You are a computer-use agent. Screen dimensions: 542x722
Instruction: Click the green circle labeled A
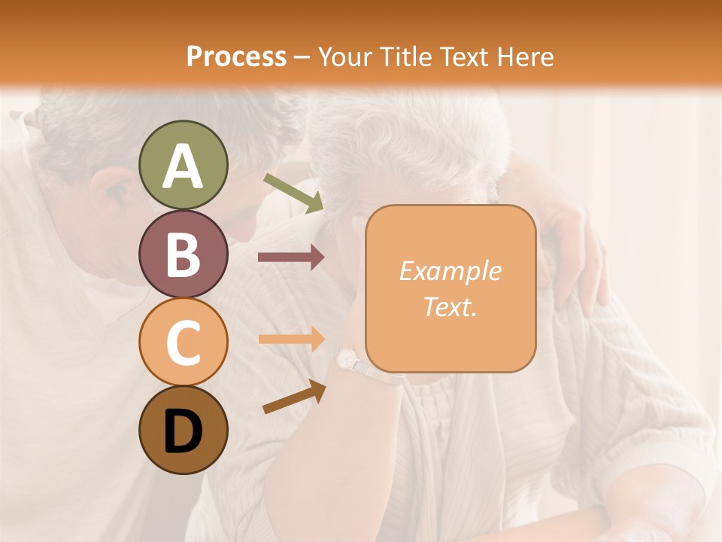tap(183, 165)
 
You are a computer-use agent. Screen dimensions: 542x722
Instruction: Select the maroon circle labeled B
tap(183, 254)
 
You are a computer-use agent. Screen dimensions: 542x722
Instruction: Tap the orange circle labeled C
tap(183, 342)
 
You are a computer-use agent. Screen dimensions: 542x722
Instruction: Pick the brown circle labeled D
tap(183, 430)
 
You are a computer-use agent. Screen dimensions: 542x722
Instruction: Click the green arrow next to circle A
tap(293, 192)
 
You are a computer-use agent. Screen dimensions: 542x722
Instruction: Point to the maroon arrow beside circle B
tap(290, 257)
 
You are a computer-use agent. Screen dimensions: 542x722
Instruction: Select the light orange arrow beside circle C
tap(290, 338)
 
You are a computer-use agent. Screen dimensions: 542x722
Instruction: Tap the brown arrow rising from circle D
tap(294, 397)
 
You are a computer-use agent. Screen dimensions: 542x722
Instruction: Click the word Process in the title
tap(236, 56)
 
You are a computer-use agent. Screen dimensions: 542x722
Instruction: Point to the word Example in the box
tap(450, 271)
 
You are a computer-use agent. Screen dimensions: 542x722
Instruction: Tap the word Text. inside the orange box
tap(450, 306)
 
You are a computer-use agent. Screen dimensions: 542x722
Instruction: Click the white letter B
tap(183, 254)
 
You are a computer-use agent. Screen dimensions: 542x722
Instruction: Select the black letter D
tap(183, 431)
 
